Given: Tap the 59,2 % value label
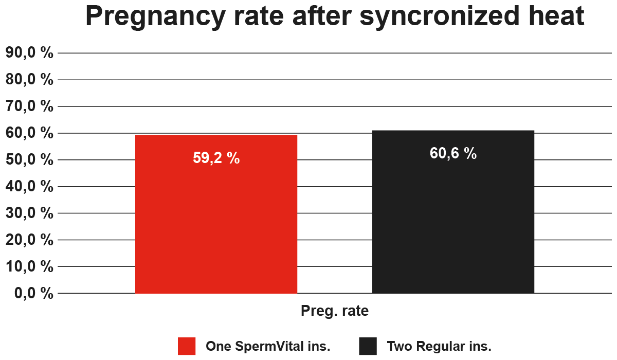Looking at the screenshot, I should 216,158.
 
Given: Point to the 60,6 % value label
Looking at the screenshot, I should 453,153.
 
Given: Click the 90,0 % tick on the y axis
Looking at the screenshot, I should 29,52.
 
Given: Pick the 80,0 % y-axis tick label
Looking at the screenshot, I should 29,79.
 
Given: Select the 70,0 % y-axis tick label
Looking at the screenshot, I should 29,106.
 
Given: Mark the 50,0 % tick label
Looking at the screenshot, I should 29,159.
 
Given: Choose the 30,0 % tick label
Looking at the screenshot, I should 29,213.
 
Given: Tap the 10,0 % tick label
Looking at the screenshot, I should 29,266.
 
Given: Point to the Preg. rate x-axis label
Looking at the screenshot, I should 334,311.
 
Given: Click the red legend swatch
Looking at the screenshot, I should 187,346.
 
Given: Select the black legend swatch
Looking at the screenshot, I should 368,346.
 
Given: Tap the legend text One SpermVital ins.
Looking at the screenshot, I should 268,346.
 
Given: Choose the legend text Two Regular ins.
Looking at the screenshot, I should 439,346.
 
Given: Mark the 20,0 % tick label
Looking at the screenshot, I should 29,240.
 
